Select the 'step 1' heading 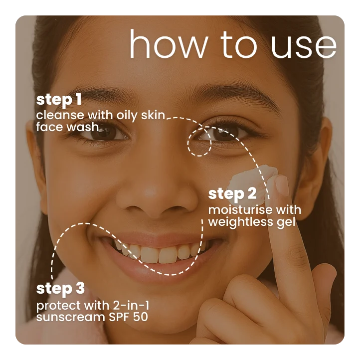(x=59, y=100)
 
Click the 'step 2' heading (x=232, y=194)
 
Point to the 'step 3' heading (x=60, y=289)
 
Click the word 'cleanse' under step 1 (x=60, y=115)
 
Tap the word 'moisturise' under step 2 (x=240, y=210)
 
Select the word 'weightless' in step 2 (x=241, y=222)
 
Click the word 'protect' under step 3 (x=58, y=306)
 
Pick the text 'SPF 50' (x=128, y=317)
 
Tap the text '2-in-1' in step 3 (x=131, y=305)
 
